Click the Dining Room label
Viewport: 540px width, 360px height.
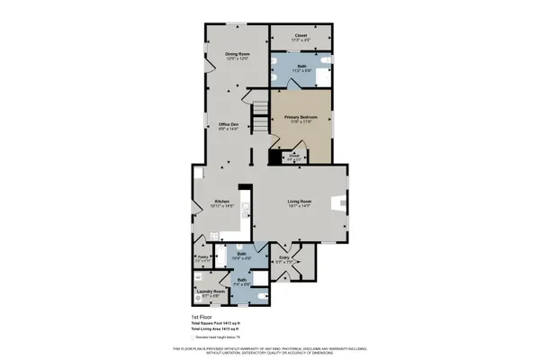(238, 55)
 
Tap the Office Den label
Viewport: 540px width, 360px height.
(228, 125)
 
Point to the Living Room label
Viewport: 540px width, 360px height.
(299, 201)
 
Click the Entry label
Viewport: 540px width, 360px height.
(284, 258)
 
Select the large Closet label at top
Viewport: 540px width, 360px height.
(301, 36)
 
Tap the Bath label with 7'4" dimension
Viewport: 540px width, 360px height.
(241, 280)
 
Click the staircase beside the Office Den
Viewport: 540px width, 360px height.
(261, 115)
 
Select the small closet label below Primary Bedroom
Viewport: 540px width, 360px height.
(293, 157)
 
